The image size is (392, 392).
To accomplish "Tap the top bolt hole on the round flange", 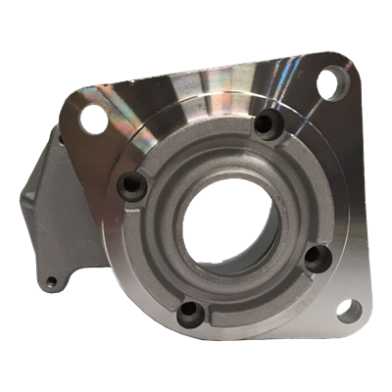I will [264, 124].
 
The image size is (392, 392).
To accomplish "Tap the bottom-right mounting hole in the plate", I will [346, 312].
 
